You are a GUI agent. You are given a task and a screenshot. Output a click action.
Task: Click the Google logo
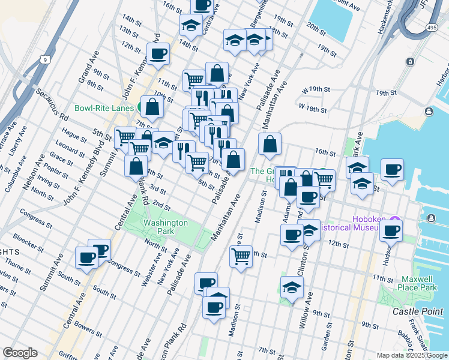coord(20,352)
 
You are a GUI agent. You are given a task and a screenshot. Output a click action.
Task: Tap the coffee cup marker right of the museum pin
coord(391,230)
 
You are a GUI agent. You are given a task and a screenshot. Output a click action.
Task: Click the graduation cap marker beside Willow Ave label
coord(292,288)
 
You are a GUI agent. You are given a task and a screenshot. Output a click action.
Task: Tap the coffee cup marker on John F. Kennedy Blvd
coord(158,54)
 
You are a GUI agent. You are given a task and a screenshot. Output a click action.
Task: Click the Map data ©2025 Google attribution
coord(412,355)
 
